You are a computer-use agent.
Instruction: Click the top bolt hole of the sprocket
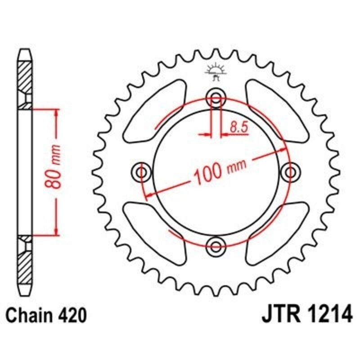216,98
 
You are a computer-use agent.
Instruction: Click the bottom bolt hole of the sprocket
216,245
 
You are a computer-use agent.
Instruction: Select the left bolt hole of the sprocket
142,171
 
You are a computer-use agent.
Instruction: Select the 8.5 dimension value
238,127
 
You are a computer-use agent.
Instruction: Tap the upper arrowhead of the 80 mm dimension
56,112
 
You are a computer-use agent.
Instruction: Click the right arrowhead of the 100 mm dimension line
282,149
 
